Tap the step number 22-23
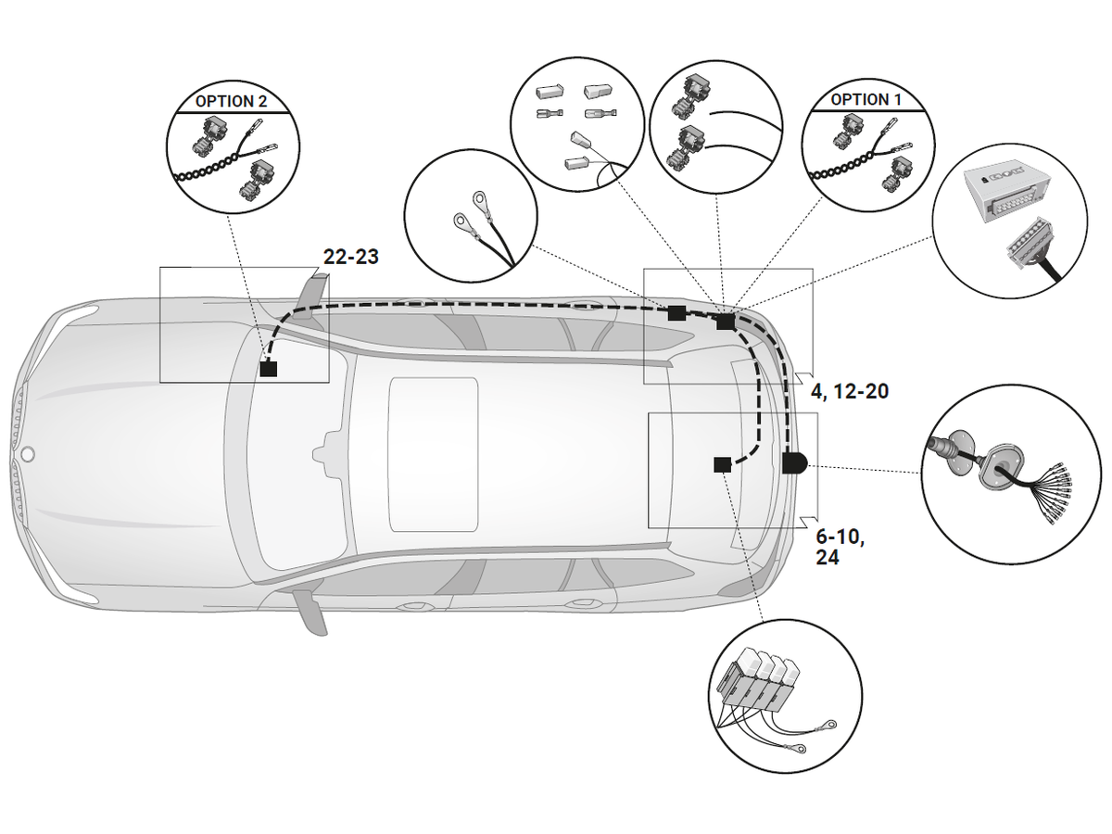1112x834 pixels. (350, 257)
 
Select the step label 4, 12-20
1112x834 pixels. (849, 392)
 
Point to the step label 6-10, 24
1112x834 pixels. (840, 547)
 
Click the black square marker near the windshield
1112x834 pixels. (269, 369)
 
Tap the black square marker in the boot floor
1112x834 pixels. (722, 464)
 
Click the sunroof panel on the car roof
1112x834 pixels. (433, 454)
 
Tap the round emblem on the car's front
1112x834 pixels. (28, 455)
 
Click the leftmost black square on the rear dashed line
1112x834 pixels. (677, 313)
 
